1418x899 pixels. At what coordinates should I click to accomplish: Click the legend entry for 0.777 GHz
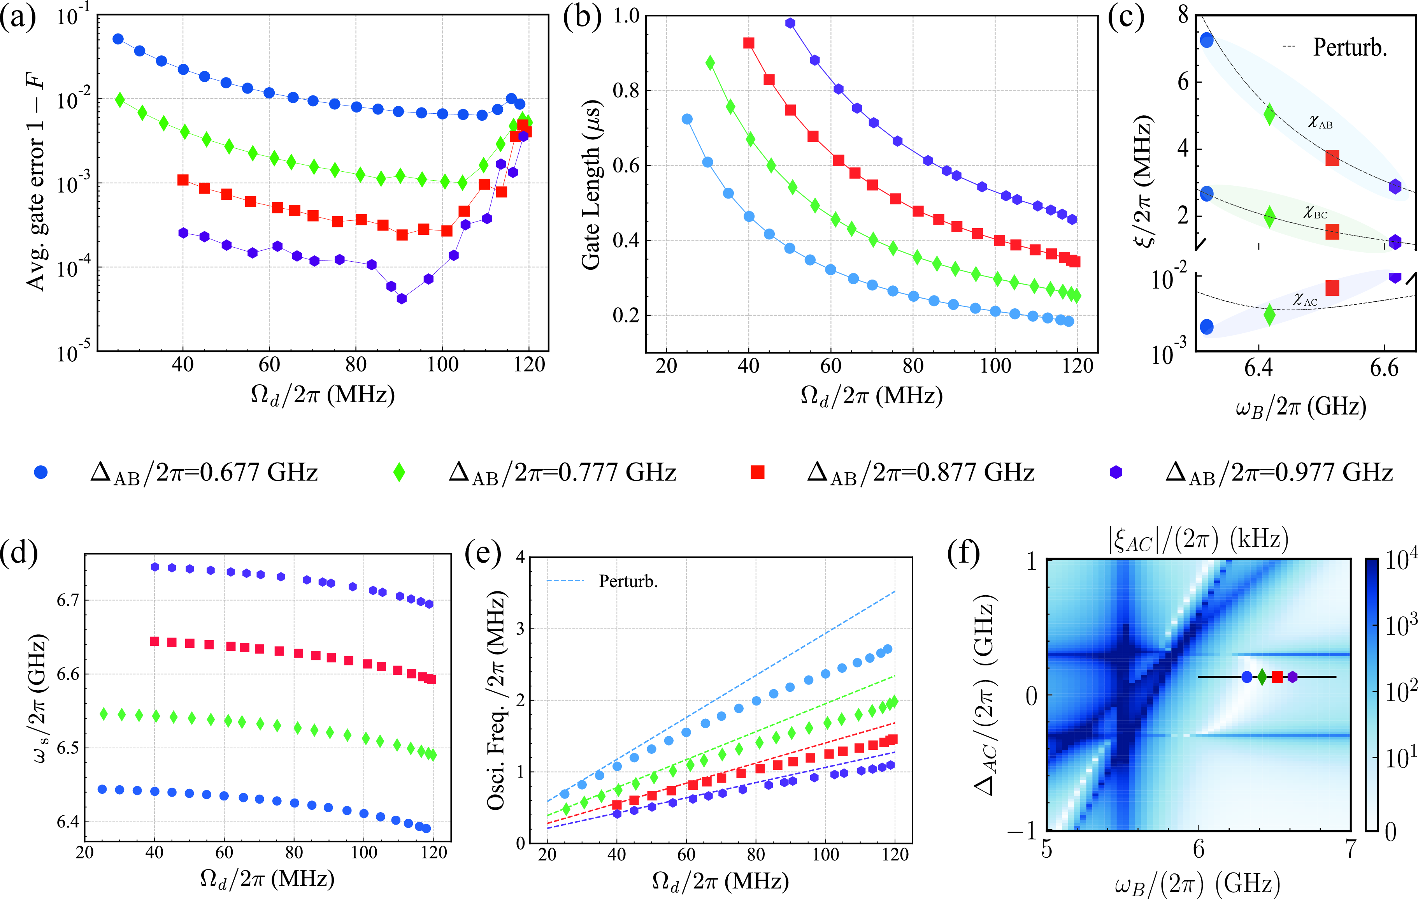coord(562,473)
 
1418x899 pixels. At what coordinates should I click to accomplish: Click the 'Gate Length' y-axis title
coord(591,186)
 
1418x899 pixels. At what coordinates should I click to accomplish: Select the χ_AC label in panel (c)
coord(1305,299)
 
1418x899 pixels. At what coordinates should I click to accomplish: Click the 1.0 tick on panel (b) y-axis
coord(626,16)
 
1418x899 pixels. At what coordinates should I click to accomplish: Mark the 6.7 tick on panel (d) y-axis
coord(68,600)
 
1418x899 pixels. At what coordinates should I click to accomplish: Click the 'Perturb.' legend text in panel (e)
coord(628,581)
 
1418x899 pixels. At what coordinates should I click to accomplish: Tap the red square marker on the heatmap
coord(1277,677)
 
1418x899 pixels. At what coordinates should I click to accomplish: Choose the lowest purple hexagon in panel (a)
coord(402,299)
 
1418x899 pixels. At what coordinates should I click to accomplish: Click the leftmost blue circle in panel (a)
coord(118,39)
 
